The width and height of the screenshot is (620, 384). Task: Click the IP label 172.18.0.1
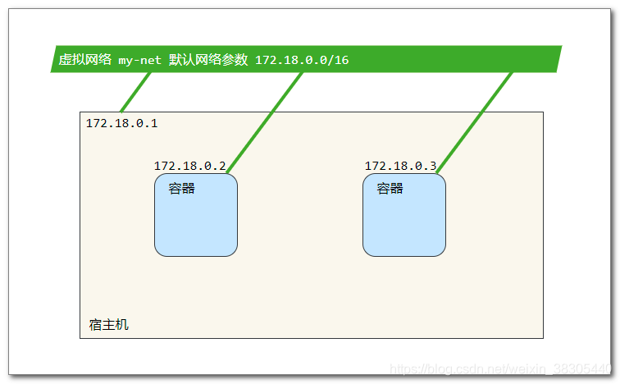[121, 124]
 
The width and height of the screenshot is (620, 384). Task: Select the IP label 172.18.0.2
[189, 166]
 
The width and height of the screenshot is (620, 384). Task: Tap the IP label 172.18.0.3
[400, 166]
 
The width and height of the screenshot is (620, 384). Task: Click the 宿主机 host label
[109, 325]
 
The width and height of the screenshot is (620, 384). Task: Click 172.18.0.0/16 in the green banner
[302, 60]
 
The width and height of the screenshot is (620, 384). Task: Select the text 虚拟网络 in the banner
[84, 60]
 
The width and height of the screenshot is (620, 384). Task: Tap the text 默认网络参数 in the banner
[208, 60]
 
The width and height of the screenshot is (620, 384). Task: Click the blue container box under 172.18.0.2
[196, 222]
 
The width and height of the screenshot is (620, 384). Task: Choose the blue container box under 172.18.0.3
[404, 222]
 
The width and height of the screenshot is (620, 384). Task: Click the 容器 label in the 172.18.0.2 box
[182, 189]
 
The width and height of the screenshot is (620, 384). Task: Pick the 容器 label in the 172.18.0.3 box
[390, 189]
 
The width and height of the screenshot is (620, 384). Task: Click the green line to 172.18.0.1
[136, 92]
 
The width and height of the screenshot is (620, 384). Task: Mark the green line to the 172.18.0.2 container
[265, 123]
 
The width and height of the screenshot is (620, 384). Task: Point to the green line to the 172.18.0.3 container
[475, 123]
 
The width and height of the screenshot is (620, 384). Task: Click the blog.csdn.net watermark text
[500, 369]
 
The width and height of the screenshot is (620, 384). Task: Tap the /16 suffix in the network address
[340, 60]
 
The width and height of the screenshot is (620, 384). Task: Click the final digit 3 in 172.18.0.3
[432, 166]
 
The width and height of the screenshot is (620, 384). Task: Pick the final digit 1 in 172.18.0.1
[153, 124]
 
